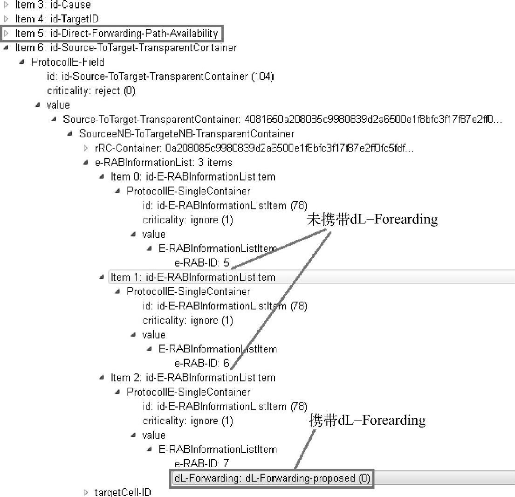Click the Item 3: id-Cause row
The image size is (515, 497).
click(x=53, y=5)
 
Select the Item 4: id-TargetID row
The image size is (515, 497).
click(x=56, y=19)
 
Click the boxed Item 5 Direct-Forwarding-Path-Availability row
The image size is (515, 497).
click(x=116, y=34)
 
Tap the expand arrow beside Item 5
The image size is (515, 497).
click(x=6, y=34)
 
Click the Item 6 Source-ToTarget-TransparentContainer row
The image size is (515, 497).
click(x=125, y=48)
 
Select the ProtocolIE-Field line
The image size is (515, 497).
click(x=68, y=62)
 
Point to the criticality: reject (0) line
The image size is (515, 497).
click(x=91, y=90)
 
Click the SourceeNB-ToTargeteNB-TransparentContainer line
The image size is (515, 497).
click(x=186, y=134)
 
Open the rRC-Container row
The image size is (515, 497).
click(x=254, y=148)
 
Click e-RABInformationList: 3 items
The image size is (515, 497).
click(x=163, y=162)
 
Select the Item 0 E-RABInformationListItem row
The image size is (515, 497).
click(x=192, y=177)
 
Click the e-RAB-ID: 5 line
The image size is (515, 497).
click(x=202, y=263)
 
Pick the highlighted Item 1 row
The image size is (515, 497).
click(x=192, y=277)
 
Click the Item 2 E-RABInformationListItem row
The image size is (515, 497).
click(x=192, y=378)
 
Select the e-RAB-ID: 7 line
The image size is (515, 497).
click(x=202, y=464)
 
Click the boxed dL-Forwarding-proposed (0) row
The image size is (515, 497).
click(x=272, y=478)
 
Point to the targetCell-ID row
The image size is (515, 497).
click(x=123, y=492)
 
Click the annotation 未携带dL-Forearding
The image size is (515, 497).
click(x=372, y=220)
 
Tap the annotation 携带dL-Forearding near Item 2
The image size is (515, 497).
click(x=367, y=421)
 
